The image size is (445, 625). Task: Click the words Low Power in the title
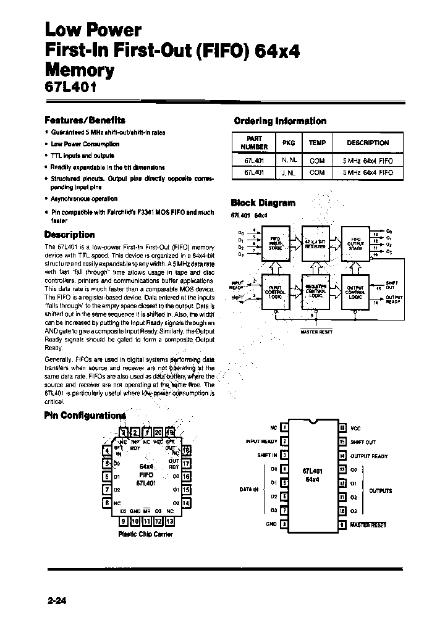pyautogui.click(x=93, y=29)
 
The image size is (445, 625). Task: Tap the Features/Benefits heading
pyautogui.click(x=85, y=120)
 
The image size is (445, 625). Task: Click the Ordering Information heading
pyautogui.click(x=279, y=121)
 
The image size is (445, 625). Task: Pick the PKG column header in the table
pyautogui.click(x=289, y=143)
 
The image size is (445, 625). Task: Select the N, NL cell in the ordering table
pyautogui.click(x=289, y=160)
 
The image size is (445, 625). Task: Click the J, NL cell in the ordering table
pyautogui.click(x=289, y=174)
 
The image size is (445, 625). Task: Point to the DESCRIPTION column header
pyautogui.click(x=367, y=143)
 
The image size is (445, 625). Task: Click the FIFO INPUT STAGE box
pyautogui.click(x=276, y=243)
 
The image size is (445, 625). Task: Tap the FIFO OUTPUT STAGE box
pyautogui.click(x=356, y=243)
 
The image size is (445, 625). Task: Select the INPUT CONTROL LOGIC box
pyautogui.click(x=276, y=291)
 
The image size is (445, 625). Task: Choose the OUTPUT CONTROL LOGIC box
pyautogui.click(x=356, y=291)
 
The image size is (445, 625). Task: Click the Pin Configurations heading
pyautogui.click(x=85, y=416)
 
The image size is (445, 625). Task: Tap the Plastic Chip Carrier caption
pyautogui.click(x=145, y=534)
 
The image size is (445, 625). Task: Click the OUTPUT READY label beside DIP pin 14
pyautogui.click(x=369, y=456)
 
